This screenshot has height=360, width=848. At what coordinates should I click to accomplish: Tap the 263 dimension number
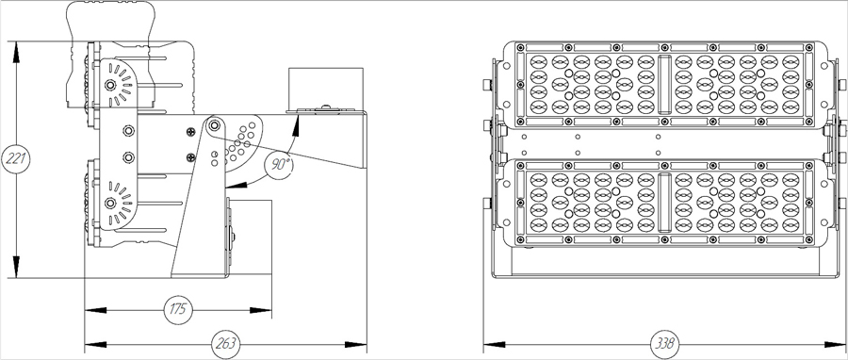226,343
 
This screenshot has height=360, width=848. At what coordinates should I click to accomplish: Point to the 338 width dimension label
665,343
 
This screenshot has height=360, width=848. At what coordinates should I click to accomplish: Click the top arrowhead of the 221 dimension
15,45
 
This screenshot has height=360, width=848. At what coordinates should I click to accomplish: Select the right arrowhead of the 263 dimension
363,343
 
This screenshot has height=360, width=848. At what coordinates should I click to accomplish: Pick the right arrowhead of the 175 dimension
269,309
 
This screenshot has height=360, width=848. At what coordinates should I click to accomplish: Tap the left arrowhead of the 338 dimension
487,343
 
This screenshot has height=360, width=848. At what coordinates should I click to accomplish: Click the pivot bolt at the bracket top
215,125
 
